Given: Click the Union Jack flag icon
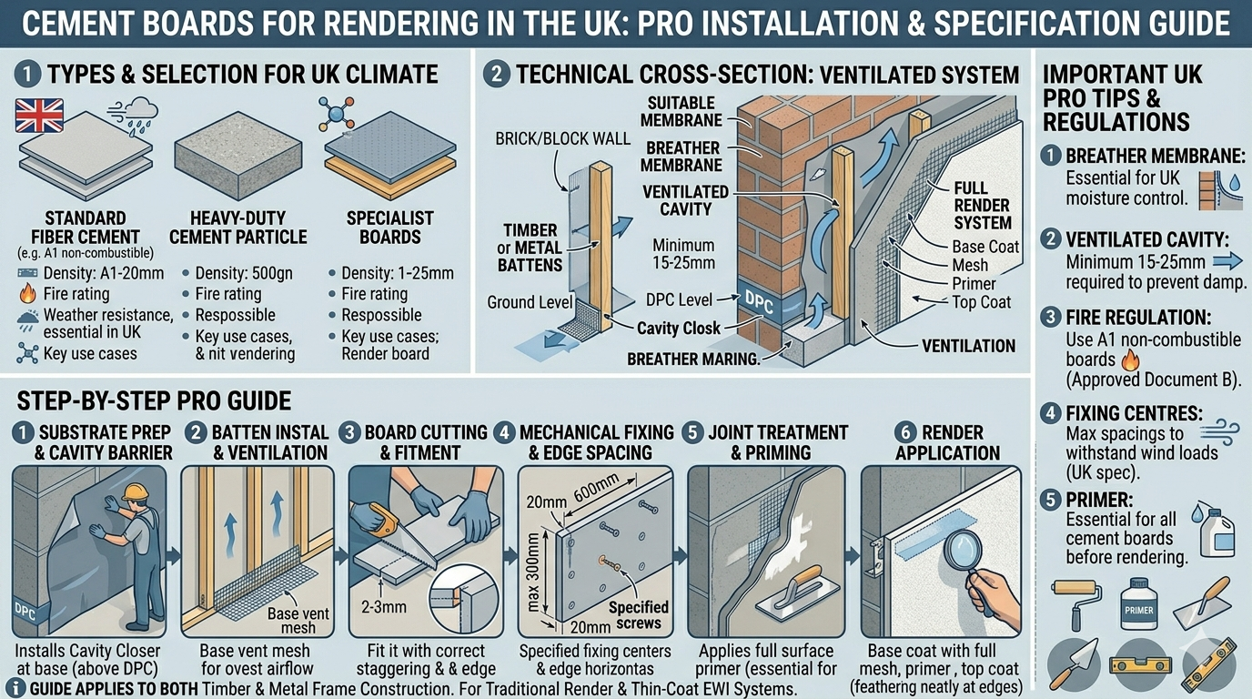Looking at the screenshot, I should coord(39,116).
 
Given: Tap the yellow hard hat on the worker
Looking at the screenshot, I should coord(136,492).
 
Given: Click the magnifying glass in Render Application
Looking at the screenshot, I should coord(954,553).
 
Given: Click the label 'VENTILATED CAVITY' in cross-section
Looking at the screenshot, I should coord(684,201).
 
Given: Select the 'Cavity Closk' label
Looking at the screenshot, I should coord(679,329).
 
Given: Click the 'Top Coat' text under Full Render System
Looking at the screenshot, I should coord(981,301).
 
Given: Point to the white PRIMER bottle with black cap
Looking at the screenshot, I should coord(1138,604).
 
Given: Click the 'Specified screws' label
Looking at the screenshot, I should coord(638,614).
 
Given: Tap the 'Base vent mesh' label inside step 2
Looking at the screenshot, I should coord(292,620).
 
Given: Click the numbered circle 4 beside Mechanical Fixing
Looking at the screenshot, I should coord(506,431).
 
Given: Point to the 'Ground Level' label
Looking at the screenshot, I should coord(529,302).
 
